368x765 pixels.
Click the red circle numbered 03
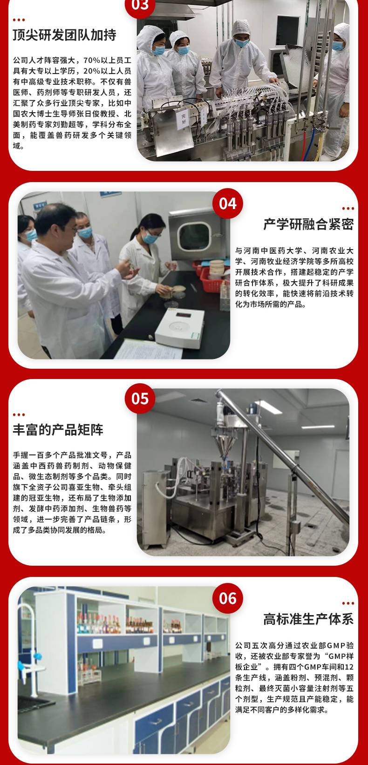(140, 6)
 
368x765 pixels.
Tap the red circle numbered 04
(228, 203)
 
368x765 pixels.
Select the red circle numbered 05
(140, 399)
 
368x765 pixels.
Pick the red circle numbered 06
(228, 598)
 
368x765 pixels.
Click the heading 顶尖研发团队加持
(65, 35)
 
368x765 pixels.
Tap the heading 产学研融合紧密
(308, 224)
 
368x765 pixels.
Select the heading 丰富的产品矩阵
(58, 430)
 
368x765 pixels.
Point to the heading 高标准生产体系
(308, 619)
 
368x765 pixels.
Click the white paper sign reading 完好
(183, 120)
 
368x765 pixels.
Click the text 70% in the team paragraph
(92, 61)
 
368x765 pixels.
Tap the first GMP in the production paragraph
(336, 645)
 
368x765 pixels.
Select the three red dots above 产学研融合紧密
(348, 208)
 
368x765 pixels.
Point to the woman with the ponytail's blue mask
(150, 237)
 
